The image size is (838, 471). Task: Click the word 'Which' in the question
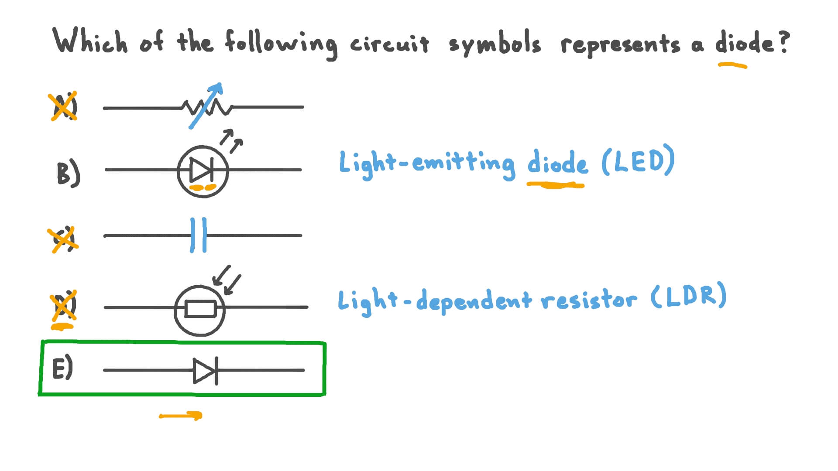tap(90, 41)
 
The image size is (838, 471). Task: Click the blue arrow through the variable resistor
tap(206, 106)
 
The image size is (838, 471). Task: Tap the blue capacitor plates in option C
tap(199, 235)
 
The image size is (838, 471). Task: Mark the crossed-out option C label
tap(63, 239)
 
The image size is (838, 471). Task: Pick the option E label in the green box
tap(62, 369)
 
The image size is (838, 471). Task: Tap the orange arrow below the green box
tap(181, 416)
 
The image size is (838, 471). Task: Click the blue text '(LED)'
tap(638, 161)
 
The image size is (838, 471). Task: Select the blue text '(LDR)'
tap(688, 296)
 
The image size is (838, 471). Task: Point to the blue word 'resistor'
tap(588, 300)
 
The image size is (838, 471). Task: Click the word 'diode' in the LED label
tap(557, 163)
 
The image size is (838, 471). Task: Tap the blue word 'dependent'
tap(474, 300)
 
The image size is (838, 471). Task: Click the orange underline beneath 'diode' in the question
tap(732, 66)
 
